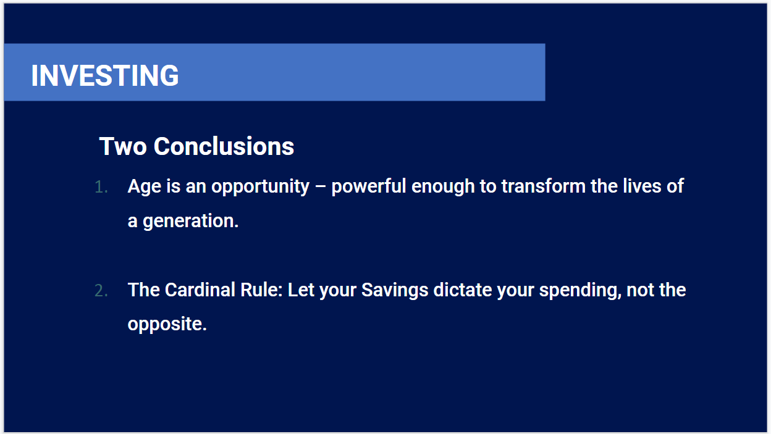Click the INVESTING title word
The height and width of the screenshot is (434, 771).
(x=105, y=75)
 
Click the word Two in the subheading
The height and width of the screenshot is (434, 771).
(x=123, y=146)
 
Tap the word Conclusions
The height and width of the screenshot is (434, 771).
(x=224, y=146)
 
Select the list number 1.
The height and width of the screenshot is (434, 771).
(x=101, y=188)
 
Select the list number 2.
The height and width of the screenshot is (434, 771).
(x=101, y=291)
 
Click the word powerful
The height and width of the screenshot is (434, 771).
(x=369, y=186)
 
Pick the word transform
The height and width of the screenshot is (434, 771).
(x=544, y=186)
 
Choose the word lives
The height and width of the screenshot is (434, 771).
(x=642, y=186)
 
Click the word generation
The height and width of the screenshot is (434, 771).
(x=191, y=221)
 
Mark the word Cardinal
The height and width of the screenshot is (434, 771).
(x=200, y=290)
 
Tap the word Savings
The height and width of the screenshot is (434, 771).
(x=395, y=290)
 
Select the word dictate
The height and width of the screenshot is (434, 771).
(x=463, y=290)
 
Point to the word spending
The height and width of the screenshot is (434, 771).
(x=580, y=291)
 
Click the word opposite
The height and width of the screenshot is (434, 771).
(x=167, y=325)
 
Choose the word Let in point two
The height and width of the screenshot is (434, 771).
(x=301, y=290)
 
